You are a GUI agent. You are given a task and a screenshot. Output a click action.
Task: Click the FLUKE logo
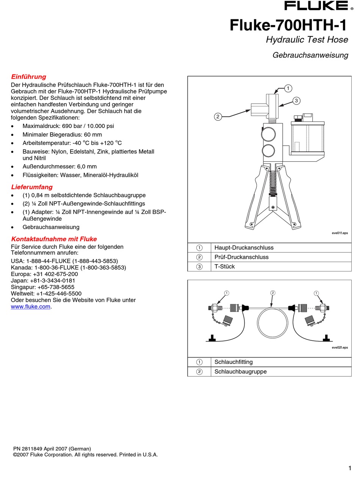pyautogui.click(x=316, y=6)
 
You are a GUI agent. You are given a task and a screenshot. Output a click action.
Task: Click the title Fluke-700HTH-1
pyautogui.click(x=288, y=25)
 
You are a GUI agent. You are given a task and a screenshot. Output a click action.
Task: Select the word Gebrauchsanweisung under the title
pyautogui.click(x=310, y=55)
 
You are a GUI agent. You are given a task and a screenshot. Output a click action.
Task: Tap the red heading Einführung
pyautogui.click(x=29, y=77)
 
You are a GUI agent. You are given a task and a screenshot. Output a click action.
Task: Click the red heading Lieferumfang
pyautogui.click(x=32, y=187)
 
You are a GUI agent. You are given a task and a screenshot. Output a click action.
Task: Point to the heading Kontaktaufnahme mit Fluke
pyautogui.click(x=54, y=239)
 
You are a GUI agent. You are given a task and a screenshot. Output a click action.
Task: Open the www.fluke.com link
pyautogui.click(x=31, y=307)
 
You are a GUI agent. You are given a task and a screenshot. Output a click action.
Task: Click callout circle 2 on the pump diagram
pyautogui.click(x=218, y=117)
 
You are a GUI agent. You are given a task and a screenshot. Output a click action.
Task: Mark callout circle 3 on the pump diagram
pyautogui.click(x=296, y=100)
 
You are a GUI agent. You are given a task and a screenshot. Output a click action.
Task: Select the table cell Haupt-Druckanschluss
pyautogui.click(x=244, y=248)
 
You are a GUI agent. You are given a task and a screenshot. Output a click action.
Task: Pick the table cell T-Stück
pyautogui.click(x=224, y=267)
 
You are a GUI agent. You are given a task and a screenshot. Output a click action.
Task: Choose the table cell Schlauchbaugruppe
pyautogui.click(x=240, y=371)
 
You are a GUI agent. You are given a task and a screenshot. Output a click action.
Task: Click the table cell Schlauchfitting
pyautogui.click(x=233, y=362)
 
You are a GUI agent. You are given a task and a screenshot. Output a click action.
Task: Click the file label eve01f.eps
pyautogui.click(x=340, y=233)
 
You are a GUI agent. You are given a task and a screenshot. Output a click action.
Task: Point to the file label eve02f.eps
pyautogui.click(x=340, y=348)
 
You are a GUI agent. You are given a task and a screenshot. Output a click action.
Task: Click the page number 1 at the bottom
pyautogui.click(x=349, y=468)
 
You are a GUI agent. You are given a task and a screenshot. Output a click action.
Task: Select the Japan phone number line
pyautogui.click(x=43, y=281)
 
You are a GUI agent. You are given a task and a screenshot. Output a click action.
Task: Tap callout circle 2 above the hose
pyautogui.click(x=272, y=293)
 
